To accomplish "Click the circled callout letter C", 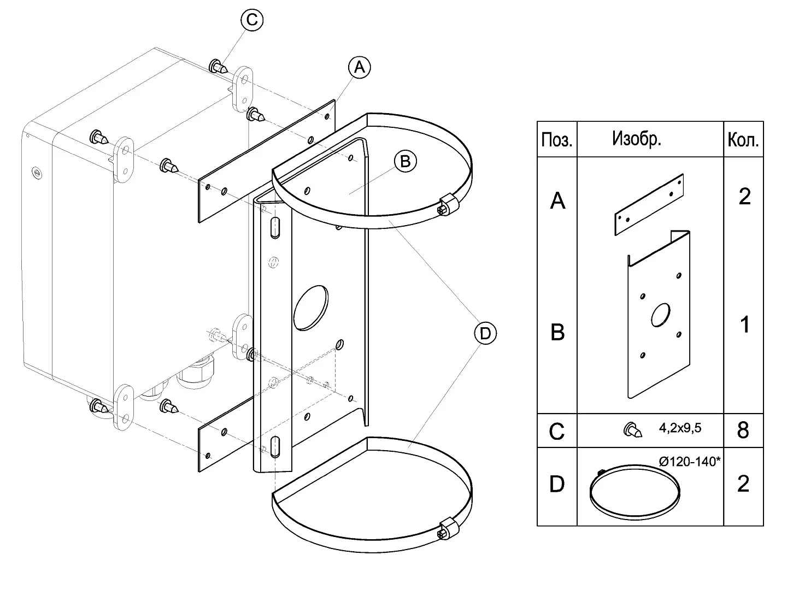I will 252,20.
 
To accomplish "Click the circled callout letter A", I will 359,67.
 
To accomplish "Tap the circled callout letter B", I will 405,161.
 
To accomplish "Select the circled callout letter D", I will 485,333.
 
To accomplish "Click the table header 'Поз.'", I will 557,140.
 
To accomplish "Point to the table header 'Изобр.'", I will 637,139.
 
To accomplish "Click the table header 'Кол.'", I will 743,140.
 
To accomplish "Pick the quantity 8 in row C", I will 743,430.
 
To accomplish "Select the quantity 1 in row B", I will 744,325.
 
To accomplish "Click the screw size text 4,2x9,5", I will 680,428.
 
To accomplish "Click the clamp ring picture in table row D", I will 635,491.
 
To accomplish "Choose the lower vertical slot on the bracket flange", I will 275,446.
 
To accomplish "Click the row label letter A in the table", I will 557,201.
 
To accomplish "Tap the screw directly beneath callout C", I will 218,68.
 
